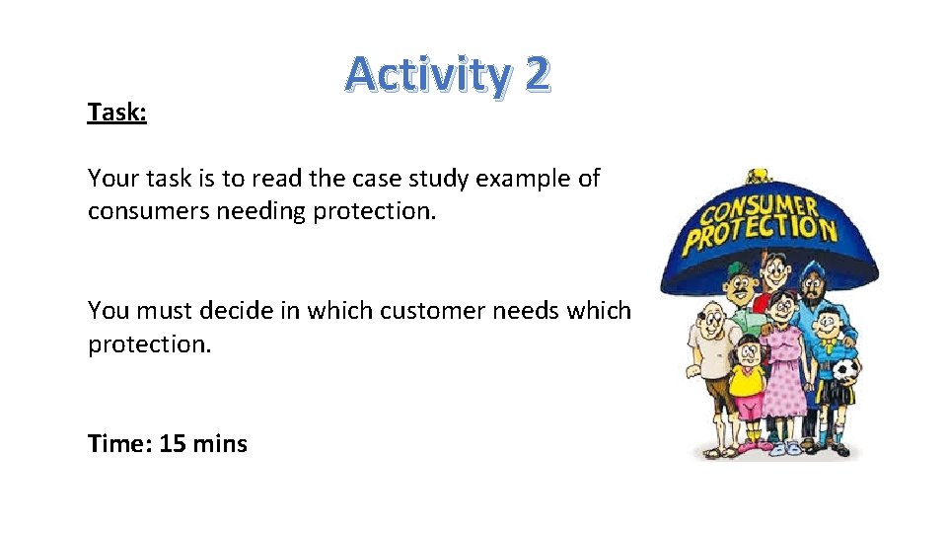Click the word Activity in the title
[x=425, y=76]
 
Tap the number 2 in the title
[x=536, y=75]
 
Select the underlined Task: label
[x=117, y=113]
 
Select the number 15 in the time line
[x=173, y=444]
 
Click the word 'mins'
[x=220, y=444]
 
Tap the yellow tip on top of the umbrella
[x=758, y=176]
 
